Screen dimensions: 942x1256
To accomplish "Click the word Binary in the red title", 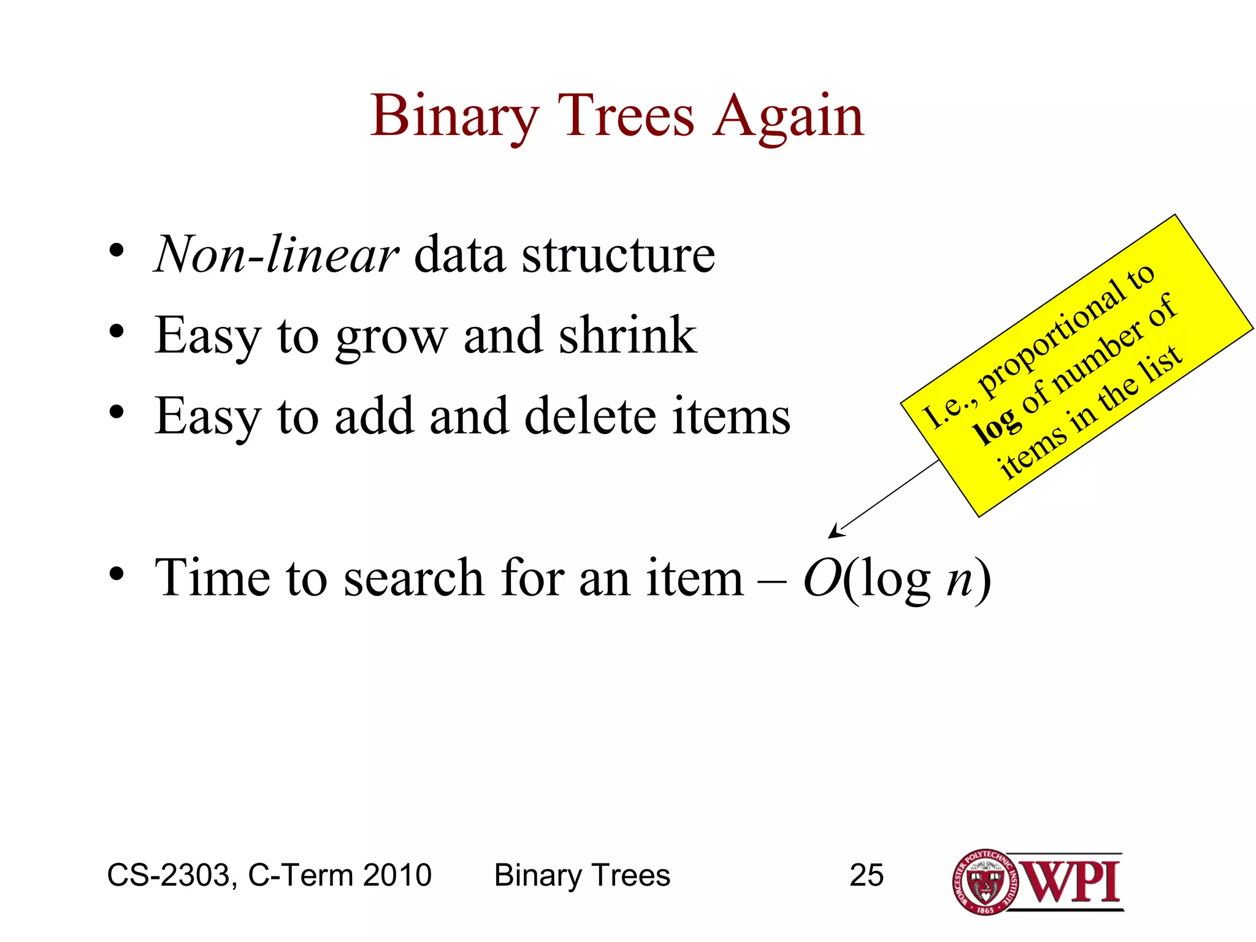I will coord(454,118).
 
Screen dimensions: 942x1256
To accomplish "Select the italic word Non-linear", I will coord(277,255).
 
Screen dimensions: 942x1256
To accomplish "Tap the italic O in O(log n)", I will coord(822,578).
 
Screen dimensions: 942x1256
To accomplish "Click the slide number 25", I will coord(866,875).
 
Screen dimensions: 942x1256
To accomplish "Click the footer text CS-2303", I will coord(169,875).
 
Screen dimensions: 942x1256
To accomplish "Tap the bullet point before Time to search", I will coord(117,575).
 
